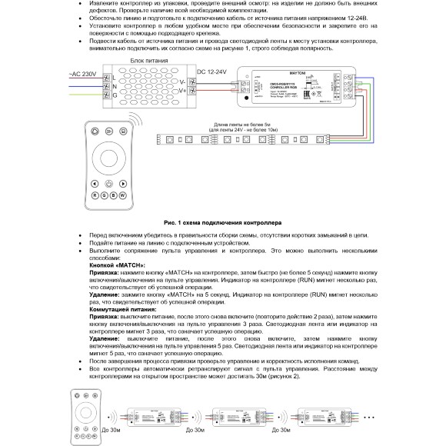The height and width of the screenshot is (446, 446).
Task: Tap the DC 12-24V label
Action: click(212, 70)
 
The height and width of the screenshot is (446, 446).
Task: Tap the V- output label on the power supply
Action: click(181, 80)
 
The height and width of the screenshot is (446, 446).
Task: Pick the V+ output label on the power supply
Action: click(181, 91)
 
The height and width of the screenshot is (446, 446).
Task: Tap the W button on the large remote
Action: click(121, 197)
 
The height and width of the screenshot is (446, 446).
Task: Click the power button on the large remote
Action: click(108, 184)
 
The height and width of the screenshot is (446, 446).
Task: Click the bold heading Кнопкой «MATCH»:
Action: click(116, 264)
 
